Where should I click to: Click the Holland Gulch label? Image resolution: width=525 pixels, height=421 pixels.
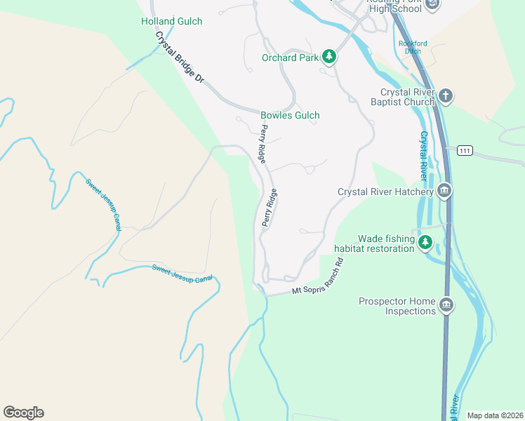(171, 22)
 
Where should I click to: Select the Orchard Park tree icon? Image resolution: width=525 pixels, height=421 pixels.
(328, 58)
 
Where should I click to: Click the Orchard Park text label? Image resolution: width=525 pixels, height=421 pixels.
(290, 58)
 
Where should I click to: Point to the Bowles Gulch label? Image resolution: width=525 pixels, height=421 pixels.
(290, 115)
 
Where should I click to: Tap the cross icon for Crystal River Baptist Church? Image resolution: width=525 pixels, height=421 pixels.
(445, 95)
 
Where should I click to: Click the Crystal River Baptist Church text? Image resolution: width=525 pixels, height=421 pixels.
(408, 97)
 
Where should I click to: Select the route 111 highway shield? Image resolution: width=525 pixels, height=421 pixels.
(464, 151)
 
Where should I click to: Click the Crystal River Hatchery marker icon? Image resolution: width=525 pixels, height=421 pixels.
(444, 191)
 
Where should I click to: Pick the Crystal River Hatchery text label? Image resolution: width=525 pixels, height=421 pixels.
(385, 192)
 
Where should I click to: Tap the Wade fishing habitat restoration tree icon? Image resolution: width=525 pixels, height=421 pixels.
(425, 243)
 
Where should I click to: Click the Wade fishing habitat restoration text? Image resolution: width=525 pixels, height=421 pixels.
(375, 243)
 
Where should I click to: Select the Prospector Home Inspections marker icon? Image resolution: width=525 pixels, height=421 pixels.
(446, 305)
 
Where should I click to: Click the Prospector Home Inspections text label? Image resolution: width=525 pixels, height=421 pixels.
(397, 306)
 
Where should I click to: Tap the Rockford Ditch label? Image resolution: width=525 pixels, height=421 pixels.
(413, 47)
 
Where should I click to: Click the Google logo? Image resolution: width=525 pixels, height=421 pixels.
(23, 413)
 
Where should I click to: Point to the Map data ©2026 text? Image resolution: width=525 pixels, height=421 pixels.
(495, 415)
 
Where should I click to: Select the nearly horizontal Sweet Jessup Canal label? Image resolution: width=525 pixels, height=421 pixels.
(182, 274)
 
